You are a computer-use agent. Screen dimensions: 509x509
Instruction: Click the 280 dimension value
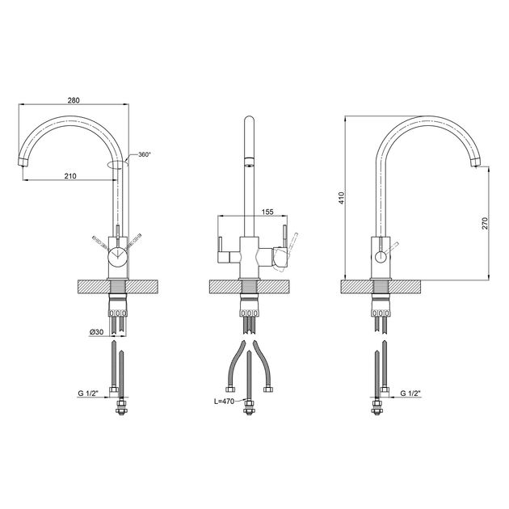(74, 100)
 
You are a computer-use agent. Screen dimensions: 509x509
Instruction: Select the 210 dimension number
(70, 176)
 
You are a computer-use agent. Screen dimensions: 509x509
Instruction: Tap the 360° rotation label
(145, 154)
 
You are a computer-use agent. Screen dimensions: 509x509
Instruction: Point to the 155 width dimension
(267, 212)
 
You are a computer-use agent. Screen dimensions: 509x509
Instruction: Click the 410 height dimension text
(341, 198)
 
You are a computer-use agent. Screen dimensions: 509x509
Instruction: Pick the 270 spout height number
(485, 223)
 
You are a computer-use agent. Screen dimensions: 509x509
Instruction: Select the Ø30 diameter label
(96, 332)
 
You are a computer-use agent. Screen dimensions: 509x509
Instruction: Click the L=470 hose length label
(224, 402)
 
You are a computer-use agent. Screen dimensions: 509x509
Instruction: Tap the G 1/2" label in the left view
(88, 393)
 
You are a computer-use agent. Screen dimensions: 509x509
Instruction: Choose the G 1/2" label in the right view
(410, 393)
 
